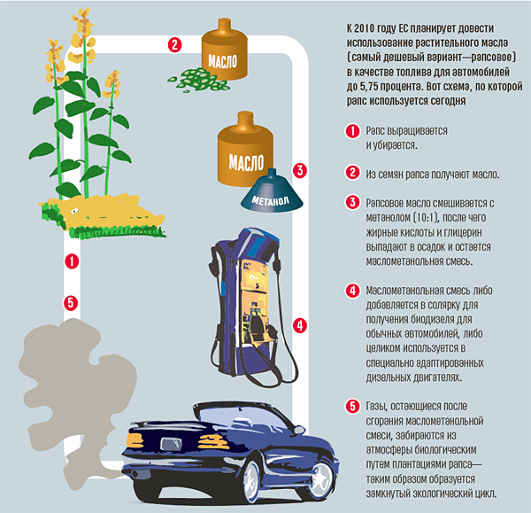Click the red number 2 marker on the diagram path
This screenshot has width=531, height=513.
tap(174, 45)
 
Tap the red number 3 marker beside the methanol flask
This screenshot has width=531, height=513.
tap(300, 170)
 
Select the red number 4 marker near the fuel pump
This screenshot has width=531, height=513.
tap(300, 325)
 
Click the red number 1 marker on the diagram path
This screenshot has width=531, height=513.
tap(72, 261)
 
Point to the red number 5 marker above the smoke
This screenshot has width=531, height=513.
tap(71, 303)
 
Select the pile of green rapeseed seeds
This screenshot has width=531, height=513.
tap(198, 80)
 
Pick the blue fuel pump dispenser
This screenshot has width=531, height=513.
tap(250, 305)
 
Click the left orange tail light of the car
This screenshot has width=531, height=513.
tap(135, 440)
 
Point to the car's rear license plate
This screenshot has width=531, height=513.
tap(171, 444)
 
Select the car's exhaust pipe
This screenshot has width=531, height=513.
tap(135, 474)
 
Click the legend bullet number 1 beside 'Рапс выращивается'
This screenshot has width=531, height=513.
tap(352, 130)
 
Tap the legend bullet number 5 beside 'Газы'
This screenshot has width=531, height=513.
tap(352, 406)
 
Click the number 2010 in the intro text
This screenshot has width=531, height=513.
tap(364, 28)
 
